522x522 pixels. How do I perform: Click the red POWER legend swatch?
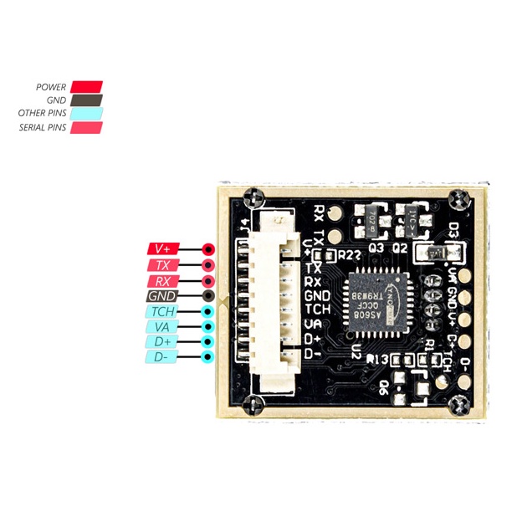click(x=86, y=86)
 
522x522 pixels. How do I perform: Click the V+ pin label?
click(x=162, y=248)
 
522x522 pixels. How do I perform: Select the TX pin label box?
click(x=162, y=264)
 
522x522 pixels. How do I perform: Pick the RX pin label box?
click(x=162, y=280)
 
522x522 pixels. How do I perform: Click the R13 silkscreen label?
click(x=369, y=359)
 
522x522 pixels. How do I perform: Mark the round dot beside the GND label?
click(x=207, y=296)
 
